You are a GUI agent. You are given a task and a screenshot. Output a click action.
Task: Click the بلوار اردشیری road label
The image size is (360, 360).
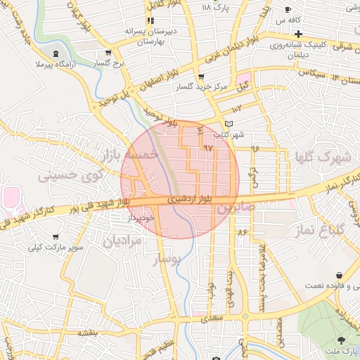186,200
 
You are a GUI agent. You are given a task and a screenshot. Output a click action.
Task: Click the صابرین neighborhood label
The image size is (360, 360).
234,209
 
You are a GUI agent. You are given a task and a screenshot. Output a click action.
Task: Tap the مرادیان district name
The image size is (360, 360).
122,241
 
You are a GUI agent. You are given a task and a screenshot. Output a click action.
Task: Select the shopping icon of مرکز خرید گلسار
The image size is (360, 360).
202,77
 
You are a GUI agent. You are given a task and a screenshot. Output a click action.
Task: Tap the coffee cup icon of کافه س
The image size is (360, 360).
288,9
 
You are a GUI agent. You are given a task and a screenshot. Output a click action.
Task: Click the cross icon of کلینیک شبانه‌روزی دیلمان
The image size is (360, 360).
299,34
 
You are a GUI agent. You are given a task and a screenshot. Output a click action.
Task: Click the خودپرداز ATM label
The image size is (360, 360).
140,218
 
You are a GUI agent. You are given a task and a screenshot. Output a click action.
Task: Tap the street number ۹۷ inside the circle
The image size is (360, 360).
207,148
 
